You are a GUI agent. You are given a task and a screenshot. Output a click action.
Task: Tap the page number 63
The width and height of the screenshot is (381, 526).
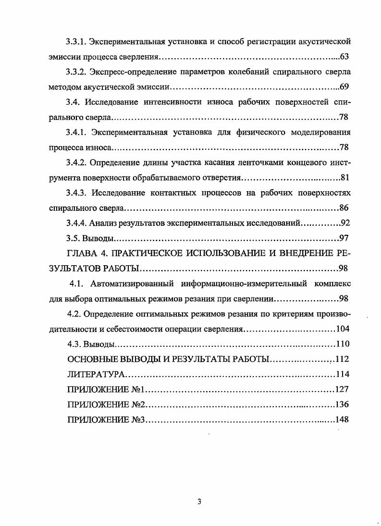pyautogui.click(x=344, y=57)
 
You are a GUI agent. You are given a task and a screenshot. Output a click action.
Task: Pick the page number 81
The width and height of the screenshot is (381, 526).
pyautogui.click(x=344, y=177)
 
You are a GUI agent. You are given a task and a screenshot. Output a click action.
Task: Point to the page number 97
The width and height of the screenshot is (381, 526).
pyautogui.click(x=344, y=238)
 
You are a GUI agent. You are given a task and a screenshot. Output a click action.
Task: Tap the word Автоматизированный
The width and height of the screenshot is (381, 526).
pyautogui.click(x=138, y=283)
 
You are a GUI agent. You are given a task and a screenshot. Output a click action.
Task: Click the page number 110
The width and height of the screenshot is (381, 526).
pyautogui.click(x=342, y=344)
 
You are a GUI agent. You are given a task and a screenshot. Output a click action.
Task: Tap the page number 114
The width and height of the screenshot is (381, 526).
pyautogui.click(x=342, y=374)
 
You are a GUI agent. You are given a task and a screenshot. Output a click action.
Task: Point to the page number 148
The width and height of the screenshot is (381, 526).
pyautogui.click(x=342, y=419)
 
